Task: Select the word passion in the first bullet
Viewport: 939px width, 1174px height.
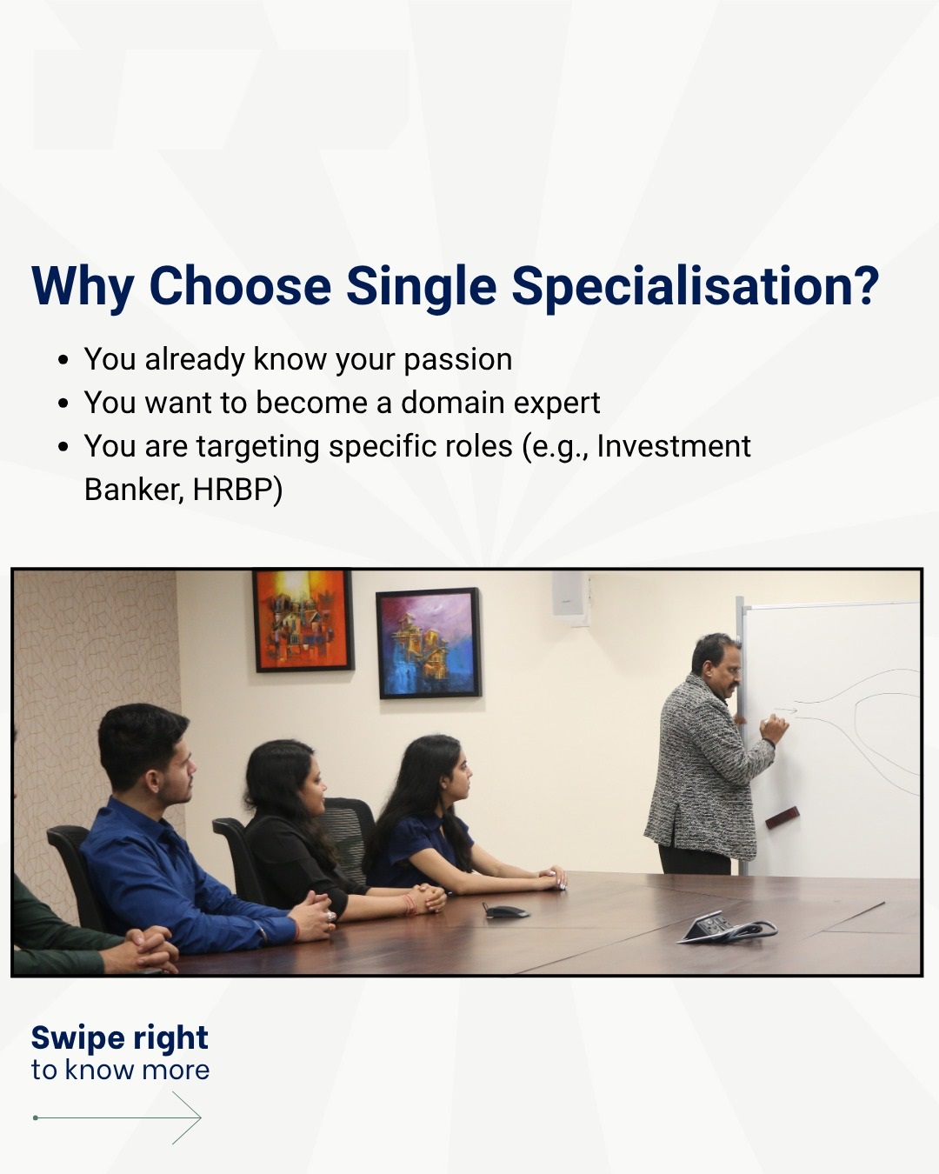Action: (x=458, y=361)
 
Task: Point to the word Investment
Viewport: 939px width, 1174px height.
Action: (x=674, y=446)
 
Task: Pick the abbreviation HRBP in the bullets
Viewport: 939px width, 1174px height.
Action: (x=232, y=490)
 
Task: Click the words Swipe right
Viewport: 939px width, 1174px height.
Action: (x=119, y=1038)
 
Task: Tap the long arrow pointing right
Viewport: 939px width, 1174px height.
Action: (x=117, y=1117)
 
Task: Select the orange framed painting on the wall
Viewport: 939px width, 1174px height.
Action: (x=303, y=620)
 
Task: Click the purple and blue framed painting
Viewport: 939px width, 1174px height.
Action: (x=429, y=644)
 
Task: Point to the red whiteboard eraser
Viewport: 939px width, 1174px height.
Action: (x=782, y=817)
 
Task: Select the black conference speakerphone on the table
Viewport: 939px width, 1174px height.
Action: (x=504, y=910)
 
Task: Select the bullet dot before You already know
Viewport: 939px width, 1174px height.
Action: (x=63, y=361)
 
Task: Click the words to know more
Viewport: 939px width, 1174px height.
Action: (x=121, y=1071)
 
